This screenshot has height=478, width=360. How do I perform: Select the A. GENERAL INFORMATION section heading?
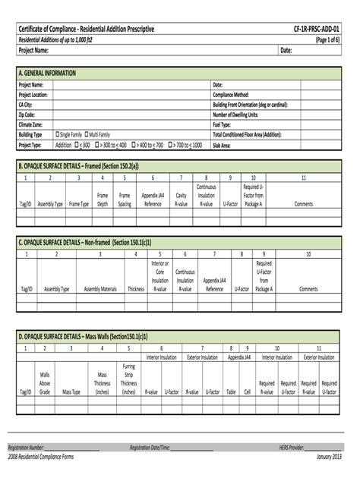pyautogui.click(x=51, y=73)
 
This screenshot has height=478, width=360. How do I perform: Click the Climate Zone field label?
pyautogui.click(x=33, y=123)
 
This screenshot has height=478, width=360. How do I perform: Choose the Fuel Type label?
pyautogui.click(x=224, y=123)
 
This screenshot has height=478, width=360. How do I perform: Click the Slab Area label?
pyautogui.click(x=225, y=143)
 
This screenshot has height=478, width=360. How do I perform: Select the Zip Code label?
pyautogui.click(x=28, y=113)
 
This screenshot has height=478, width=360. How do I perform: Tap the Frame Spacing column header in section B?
pyautogui.click(x=125, y=199)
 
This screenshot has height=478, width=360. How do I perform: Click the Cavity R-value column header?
pyautogui.click(x=181, y=199)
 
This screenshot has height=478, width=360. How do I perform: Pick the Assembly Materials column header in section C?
pyautogui.click(x=100, y=289)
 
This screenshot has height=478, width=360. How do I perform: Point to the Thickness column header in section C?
pyautogui.click(x=136, y=289)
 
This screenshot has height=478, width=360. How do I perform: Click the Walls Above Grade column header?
pyautogui.click(x=45, y=382)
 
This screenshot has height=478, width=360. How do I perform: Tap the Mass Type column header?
pyautogui.click(x=71, y=392)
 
